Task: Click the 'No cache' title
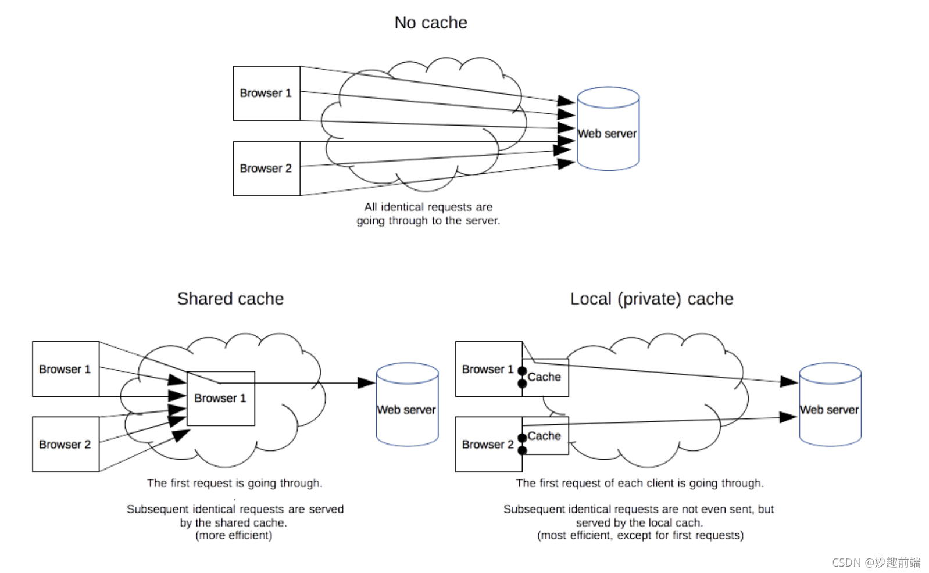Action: pos(430,23)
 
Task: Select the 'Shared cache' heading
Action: pos(230,299)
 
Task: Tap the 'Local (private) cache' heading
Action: pos(651,299)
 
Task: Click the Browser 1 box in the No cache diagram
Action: pos(266,93)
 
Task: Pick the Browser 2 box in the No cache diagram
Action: pos(266,169)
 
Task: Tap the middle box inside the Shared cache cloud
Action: pos(220,399)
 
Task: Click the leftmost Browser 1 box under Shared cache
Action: pos(65,369)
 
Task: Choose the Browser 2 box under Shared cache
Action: pos(65,445)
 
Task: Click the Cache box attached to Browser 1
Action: pos(545,378)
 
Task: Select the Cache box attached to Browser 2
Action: pos(545,436)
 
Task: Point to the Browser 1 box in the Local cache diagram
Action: pos(488,369)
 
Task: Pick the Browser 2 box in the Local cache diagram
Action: pos(488,445)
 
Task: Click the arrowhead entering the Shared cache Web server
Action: pos(366,383)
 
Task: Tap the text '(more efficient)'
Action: pos(234,535)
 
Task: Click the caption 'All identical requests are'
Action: pos(428,207)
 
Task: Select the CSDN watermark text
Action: pos(876,562)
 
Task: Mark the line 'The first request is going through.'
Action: pos(234,483)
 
